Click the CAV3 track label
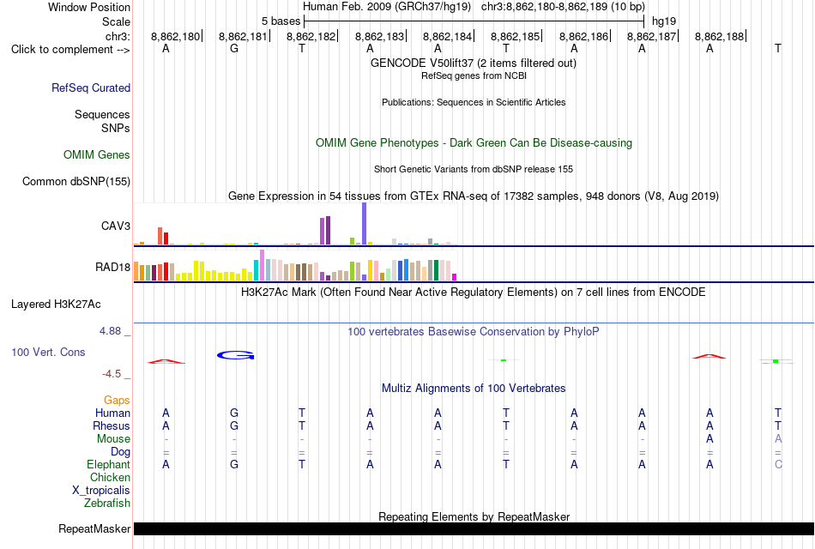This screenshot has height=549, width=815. pos(116,226)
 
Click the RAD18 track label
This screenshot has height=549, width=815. pos(112,268)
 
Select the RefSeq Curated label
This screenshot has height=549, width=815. pos(91,87)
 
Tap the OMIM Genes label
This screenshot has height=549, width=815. pos(97,155)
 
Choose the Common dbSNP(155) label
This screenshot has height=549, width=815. pos(76,182)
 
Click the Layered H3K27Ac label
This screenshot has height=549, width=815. pos(56,305)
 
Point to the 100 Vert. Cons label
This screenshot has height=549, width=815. pos(48,352)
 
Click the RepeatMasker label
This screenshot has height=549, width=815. pos(94,528)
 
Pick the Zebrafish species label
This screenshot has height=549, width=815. pos(107,504)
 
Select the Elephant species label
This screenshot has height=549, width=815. pos(109,464)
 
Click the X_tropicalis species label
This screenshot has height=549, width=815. pos(101,491)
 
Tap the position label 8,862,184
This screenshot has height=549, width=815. pos(447,36)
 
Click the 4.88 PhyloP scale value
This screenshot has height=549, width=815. pos(110,331)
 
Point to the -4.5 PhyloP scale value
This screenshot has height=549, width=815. pos(112,374)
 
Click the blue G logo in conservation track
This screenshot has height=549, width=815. pos(235,356)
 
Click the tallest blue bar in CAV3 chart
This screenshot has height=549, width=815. pos(365,224)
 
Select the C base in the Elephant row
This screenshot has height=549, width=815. pos(778,464)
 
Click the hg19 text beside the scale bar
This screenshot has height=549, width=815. pos(664,21)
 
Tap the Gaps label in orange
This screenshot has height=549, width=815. pos(117,400)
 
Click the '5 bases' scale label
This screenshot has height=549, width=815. pos(281,21)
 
